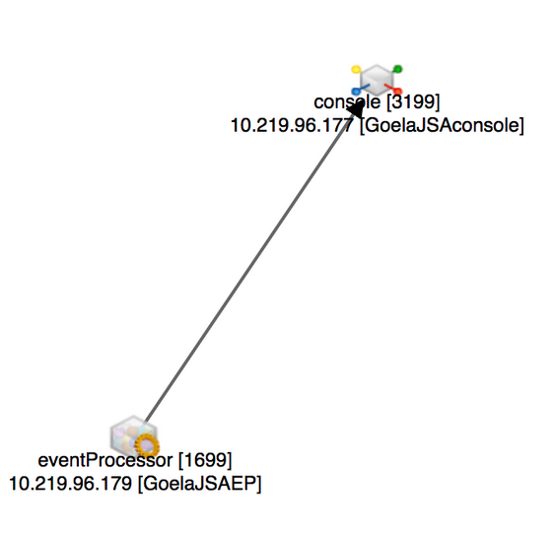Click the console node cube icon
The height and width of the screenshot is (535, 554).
coord(377,80)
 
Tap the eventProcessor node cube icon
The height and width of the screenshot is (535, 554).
coord(133,435)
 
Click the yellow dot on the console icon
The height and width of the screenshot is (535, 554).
coord(356,69)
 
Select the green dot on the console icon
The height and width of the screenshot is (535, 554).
coord(398,69)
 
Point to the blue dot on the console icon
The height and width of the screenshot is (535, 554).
coord(356,92)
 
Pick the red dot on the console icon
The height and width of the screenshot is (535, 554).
coord(397,92)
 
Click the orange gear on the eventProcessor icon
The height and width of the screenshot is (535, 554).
coord(147,445)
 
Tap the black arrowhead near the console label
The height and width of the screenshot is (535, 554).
coord(356,108)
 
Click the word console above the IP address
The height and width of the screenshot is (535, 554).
coord(347,101)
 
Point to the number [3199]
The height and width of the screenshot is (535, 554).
coord(413,101)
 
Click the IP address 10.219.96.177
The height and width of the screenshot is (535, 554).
coord(292,125)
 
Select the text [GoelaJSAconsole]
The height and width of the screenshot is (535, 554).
coord(442,126)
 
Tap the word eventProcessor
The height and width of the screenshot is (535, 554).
coord(105,460)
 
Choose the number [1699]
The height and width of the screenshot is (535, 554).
coord(205,460)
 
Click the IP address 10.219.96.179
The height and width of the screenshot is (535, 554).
coord(70,483)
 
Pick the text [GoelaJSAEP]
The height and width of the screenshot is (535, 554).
coord(199,484)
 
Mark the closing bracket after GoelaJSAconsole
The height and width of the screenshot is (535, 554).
coord(521,126)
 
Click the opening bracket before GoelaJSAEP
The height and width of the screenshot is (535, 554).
coord(140,484)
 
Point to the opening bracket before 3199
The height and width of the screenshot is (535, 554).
coord(388,101)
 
